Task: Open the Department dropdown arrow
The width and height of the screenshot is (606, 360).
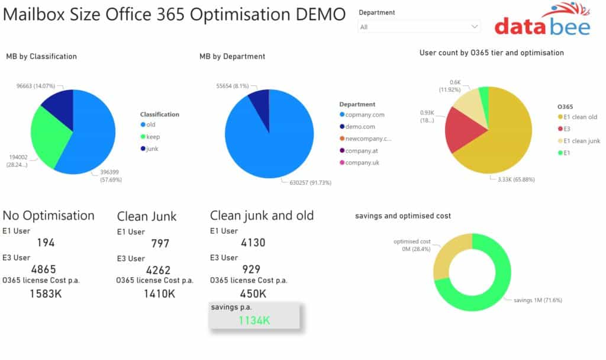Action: [474, 27]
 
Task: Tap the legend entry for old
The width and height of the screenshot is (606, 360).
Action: [150, 124]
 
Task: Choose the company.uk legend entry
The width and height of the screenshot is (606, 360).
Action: [362, 162]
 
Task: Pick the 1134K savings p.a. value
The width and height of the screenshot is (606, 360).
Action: [254, 320]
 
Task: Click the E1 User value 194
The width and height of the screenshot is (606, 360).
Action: [46, 242]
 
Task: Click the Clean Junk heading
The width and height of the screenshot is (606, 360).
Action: [147, 216]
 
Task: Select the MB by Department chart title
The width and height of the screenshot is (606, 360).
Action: [232, 56]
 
